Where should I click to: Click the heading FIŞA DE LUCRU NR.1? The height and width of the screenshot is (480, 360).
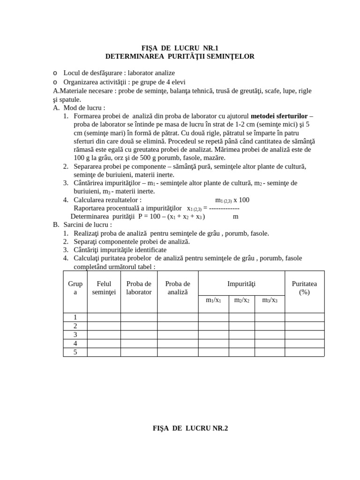[180, 48]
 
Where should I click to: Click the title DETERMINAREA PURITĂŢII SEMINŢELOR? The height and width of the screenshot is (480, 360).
[180, 56]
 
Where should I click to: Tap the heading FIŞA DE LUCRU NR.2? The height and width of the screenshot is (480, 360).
[190, 428]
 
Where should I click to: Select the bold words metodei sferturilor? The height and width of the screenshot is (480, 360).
[279, 116]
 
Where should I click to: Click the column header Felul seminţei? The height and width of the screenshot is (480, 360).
[104, 288]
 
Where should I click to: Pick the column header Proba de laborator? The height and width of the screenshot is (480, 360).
[139, 288]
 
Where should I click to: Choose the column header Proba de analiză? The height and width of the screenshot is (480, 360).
[178, 288]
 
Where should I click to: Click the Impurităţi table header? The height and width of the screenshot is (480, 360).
[241, 284]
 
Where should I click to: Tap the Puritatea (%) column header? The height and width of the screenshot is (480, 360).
[304, 288]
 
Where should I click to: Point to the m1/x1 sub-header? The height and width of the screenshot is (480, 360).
[213, 300]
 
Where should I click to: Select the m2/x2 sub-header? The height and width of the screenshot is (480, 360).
[241, 300]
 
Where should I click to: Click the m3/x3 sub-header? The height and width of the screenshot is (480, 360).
[270, 300]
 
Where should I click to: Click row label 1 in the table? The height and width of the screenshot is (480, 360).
[75, 317]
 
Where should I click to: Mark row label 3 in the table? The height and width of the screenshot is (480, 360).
[75, 335]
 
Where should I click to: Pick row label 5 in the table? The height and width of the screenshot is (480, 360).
[75, 352]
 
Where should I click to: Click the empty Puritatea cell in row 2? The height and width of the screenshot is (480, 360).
[304, 326]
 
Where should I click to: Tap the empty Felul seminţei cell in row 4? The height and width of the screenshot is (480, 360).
[104, 343]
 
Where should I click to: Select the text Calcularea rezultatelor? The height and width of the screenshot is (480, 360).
[107, 200]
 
